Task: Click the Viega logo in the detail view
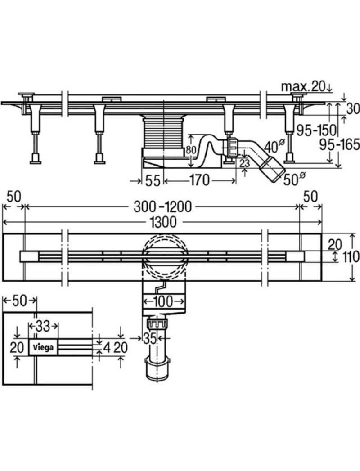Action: (43, 347)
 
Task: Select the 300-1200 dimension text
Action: (163, 206)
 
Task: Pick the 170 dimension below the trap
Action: (199, 180)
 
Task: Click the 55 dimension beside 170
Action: (153, 180)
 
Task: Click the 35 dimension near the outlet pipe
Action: (150, 338)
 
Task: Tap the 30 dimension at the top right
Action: (353, 108)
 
